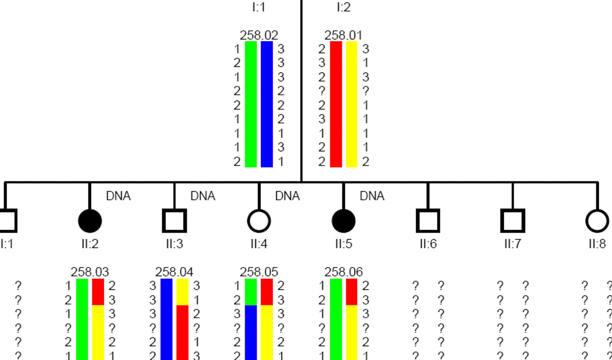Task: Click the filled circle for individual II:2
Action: (90, 221)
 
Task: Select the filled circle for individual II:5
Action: (343, 221)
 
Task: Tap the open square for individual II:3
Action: (174, 221)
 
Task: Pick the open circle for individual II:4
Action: (259, 221)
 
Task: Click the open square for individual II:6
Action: (428, 221)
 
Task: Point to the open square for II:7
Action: (513, 221)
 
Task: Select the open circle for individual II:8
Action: (597, 221)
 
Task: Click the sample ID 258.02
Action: (259, 36)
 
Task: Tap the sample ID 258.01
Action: (343, 36)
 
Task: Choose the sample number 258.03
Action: (90, 272)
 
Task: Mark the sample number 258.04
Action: (174, 272)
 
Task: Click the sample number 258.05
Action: (259, 272)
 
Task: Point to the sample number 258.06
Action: (343, 272)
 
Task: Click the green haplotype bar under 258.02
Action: (251, 104)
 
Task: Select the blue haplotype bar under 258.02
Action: (267, 104)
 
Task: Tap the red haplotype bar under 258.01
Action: (336, 104)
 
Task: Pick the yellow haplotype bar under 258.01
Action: (352, 104)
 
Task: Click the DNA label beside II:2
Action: (118, 196)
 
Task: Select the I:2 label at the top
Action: (343, 7)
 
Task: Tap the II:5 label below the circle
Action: (343, 244)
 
